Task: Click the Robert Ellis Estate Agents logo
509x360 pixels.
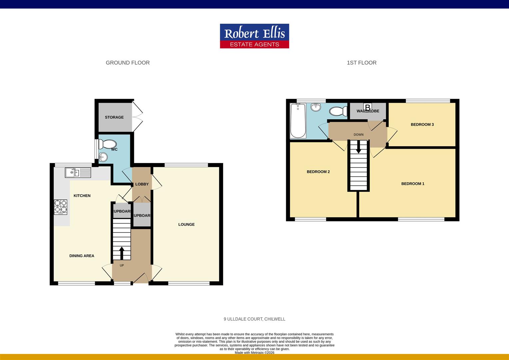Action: (254, 36)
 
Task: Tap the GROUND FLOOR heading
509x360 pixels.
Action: (128, 63)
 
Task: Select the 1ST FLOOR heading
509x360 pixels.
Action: (361, 63)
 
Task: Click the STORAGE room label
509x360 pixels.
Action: (114, 117)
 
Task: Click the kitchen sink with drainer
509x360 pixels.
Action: (78, 172)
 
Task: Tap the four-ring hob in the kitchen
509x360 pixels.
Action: (61, 206)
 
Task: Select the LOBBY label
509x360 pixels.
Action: (142, 184)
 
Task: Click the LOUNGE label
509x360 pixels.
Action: (186, 224)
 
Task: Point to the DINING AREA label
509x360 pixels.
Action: (82, 256)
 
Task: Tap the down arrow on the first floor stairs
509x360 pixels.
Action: (358, 147)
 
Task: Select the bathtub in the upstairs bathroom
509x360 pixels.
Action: (298, 121)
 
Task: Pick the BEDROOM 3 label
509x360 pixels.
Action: (422, 125)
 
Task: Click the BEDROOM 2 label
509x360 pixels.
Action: (318, 172)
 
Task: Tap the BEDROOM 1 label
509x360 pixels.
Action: (413, 184)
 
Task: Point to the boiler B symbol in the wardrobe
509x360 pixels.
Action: (368, 108)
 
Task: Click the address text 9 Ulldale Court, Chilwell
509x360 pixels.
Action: (254, 319)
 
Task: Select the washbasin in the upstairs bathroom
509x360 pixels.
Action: (315, 107)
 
